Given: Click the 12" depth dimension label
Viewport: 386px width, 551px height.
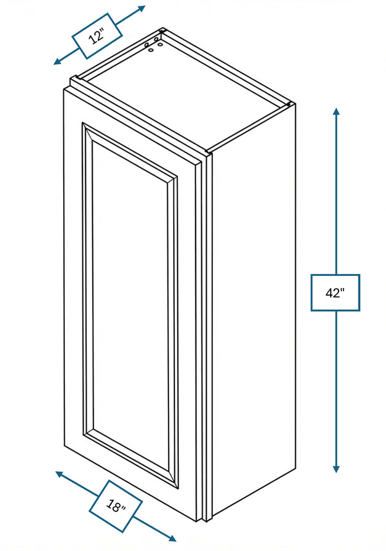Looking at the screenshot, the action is (x=97, y=36).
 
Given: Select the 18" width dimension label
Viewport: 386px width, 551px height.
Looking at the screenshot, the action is (x=116, y=505).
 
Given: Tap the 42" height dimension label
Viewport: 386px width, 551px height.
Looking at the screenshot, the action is (x=335, y=293).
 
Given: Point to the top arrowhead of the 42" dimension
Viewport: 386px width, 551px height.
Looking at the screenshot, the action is (x=336, y=111).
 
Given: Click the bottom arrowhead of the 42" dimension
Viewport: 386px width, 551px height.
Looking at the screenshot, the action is (x=336, y=469).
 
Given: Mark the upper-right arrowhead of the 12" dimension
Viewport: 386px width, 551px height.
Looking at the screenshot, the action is (x=142, y=8).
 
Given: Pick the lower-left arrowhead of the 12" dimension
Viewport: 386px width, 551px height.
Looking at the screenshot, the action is (x=58, y=62).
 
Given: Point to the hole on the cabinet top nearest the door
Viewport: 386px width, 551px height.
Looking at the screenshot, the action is (x=152, y=50).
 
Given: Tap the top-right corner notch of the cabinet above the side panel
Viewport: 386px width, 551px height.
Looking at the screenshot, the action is (x=289, y=104).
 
